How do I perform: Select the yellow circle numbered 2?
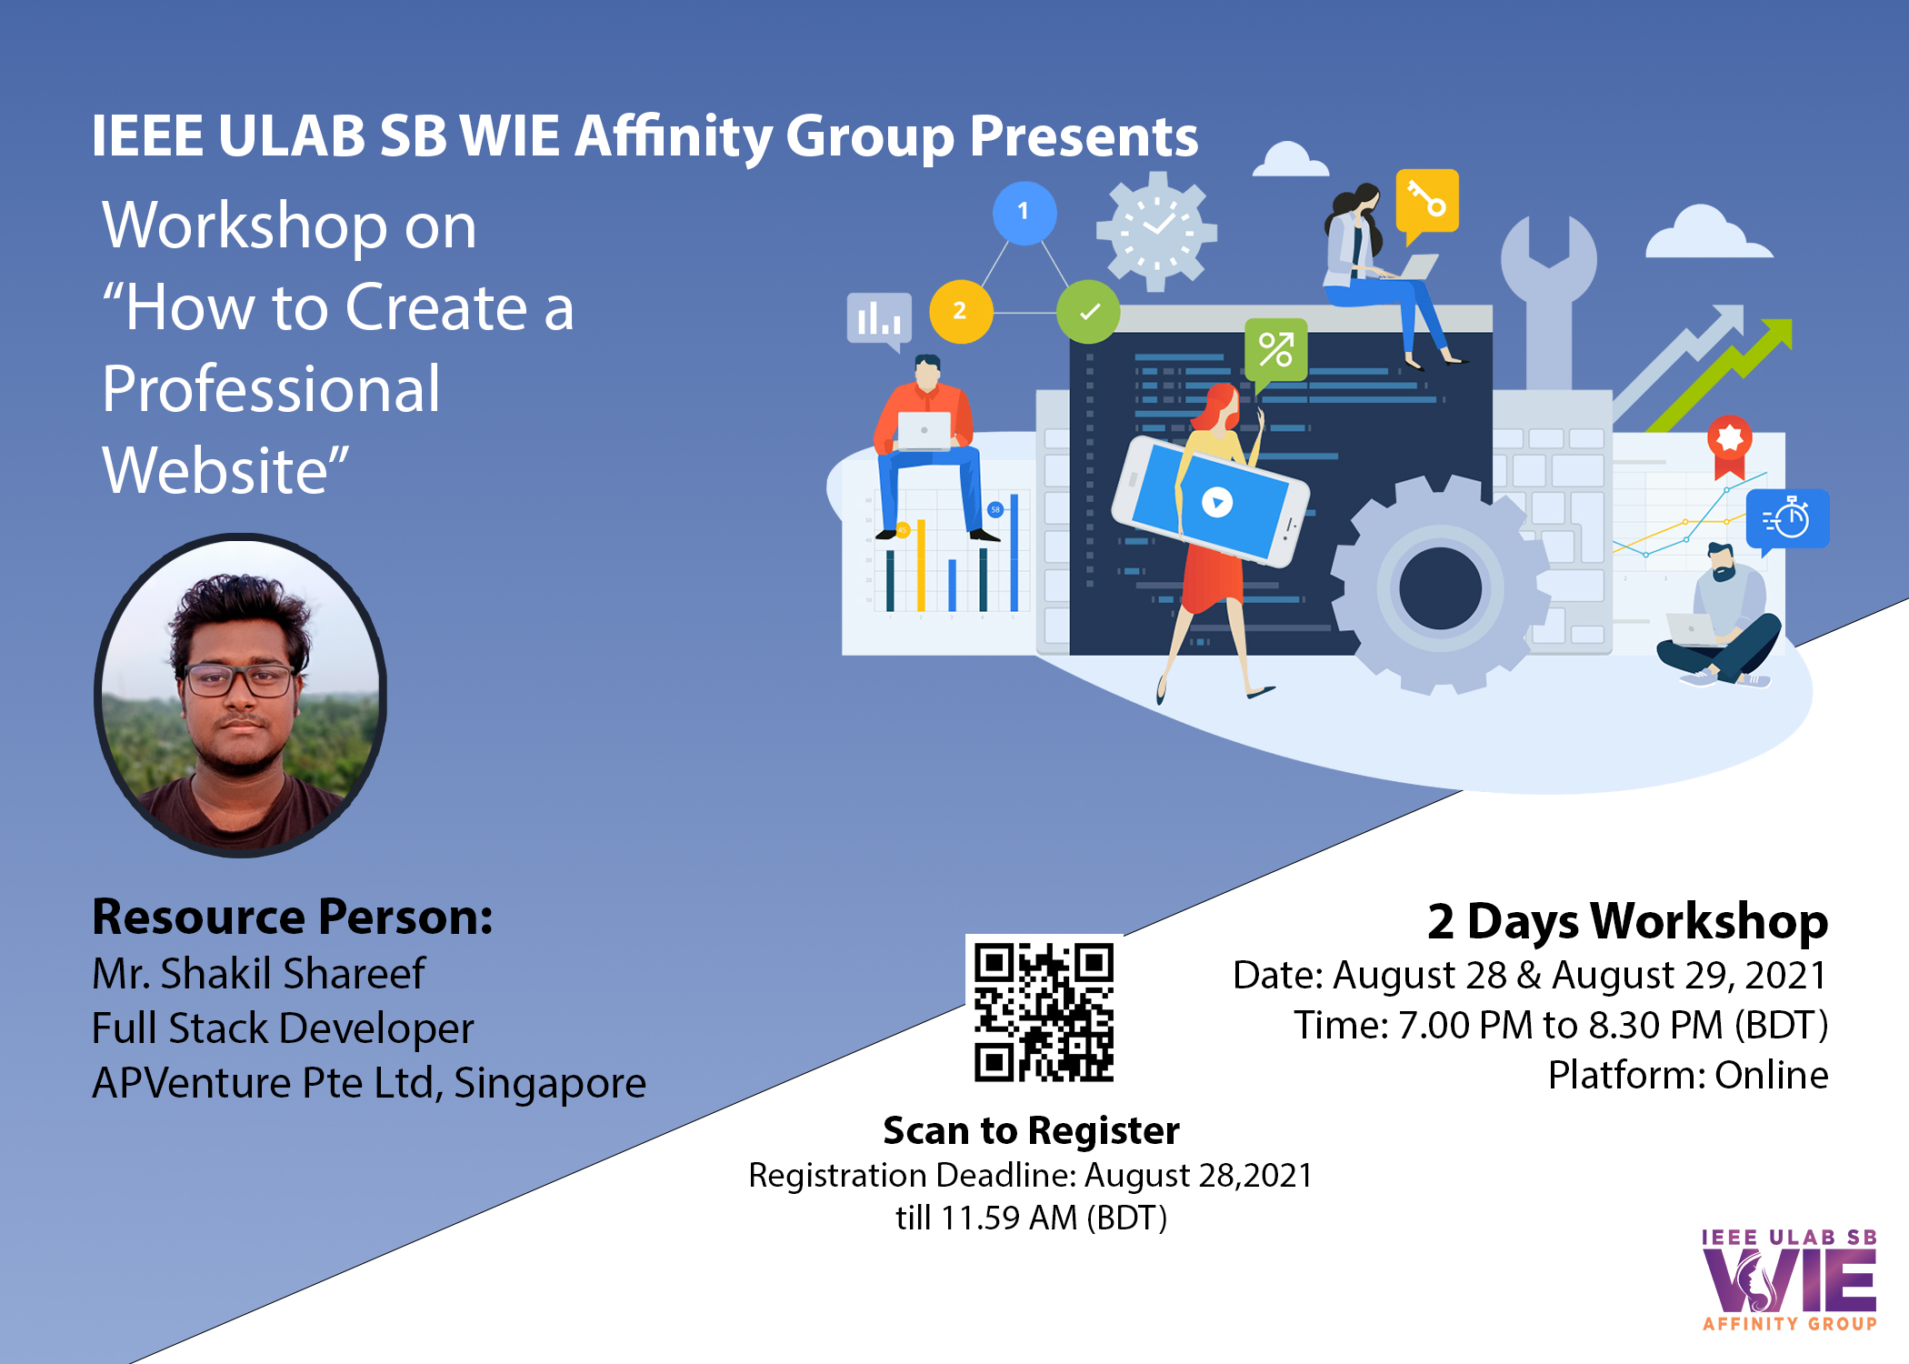point(961,311)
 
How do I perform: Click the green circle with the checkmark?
point(1088,312)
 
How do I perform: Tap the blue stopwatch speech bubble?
point(1787,521)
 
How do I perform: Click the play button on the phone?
point(1217,502)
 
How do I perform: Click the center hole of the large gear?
point(1440,587)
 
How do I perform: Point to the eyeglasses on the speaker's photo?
point(239,678)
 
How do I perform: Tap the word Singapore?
point(550,1083)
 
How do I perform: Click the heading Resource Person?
point(293,917)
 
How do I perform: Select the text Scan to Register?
point(1031,1130)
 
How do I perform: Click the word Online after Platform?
point(1771,1075)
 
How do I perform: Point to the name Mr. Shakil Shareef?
point(258,973)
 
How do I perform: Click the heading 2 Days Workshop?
point(1627,921)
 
